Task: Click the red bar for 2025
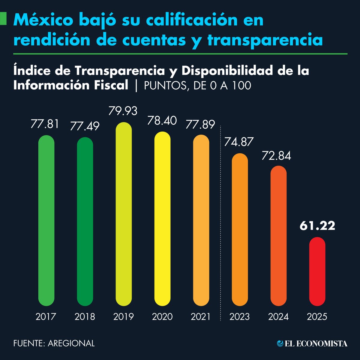pyautogui.click(x=317, y=271)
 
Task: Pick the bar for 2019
pyautogui.click(x=124, y=214)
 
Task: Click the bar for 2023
pyautogui.click(x=240, y=229)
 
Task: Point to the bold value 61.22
pyautogui.click(x=317, y=226)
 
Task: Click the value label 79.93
pyautogui.click(x=123, y=111)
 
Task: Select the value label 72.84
pyautogui.click(x=276, y=156)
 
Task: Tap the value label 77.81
pyautogui.click(x=45, y=124)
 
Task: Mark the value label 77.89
pyautogui.click(x=200, y=124)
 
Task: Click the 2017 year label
pyautogui.click(x=46, y=316)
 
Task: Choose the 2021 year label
pyautogui.click(x=201, y=316)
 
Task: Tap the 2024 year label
pyautogui.click(x=278, y=316)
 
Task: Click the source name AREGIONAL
pyautogui.click(x=71, y=343)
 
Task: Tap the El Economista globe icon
pyautogui.click(x=280, y=343)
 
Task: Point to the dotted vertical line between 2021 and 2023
pyautogui.click(x=220, y=222)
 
